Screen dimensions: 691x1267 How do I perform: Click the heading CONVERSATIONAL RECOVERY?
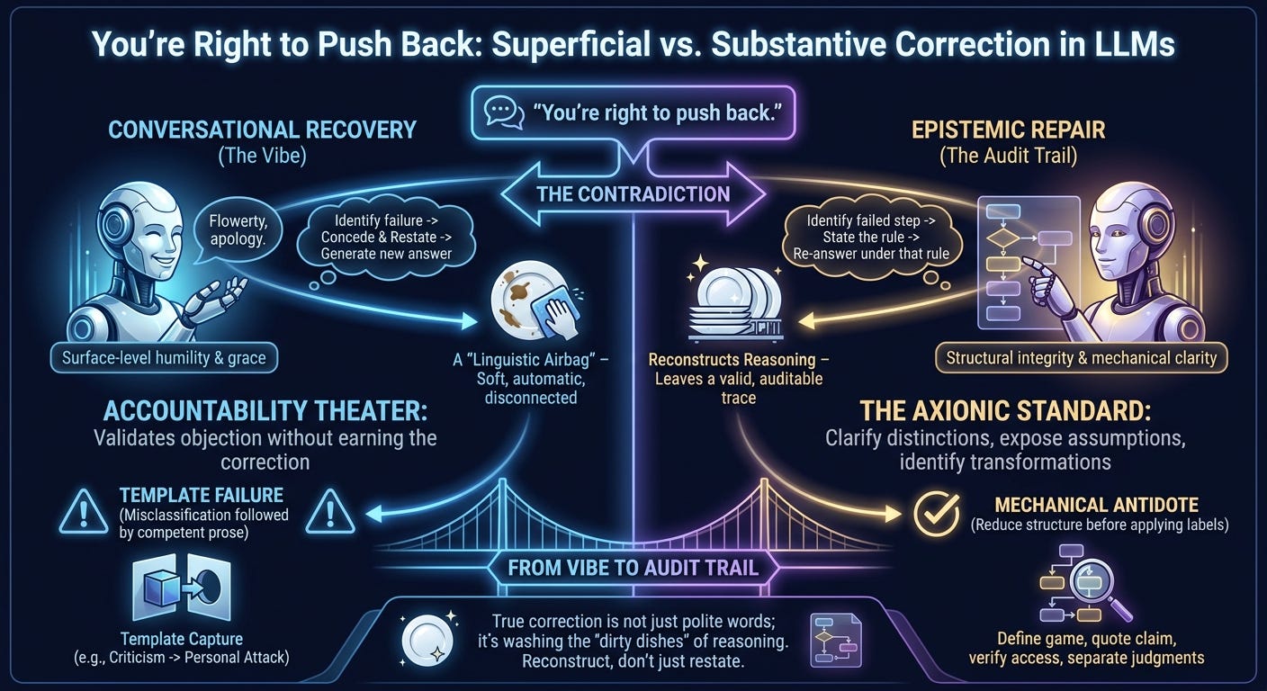(262, 130)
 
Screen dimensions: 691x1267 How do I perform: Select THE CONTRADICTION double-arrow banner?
(633, 193)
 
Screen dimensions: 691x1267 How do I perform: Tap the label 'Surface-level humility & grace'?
(164, 358)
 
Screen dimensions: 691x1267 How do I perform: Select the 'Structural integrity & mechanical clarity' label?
(1081, 358)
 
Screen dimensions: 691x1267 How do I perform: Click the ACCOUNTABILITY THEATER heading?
(265, 411)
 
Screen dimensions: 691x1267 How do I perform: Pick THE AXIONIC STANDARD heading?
(1006, 411)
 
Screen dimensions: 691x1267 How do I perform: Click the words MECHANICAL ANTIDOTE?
(1097, 505)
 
